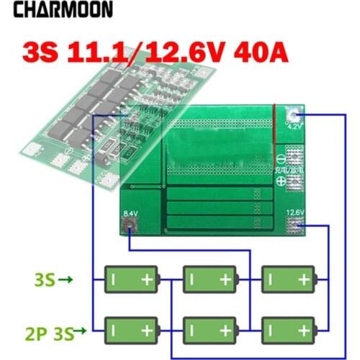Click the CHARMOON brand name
point(63,10)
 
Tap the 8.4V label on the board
point(130,214)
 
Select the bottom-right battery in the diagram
point(287,329)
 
